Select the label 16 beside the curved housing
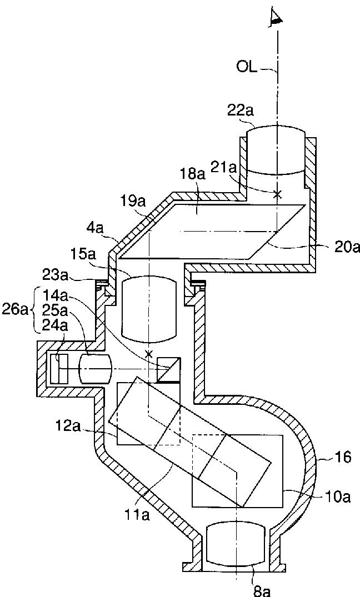tap(344, 457)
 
